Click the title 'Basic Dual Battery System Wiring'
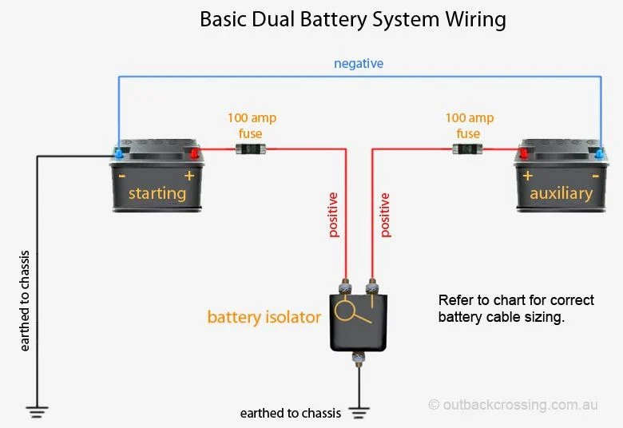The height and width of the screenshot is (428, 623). pos(352,19)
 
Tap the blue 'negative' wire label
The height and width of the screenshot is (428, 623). pos(359,63)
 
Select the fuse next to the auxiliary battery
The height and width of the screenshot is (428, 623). pos(467,149)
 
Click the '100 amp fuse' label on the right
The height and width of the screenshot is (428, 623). pos(469,125)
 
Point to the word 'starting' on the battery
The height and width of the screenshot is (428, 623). pos(157,193)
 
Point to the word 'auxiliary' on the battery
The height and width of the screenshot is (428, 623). pos(561,193)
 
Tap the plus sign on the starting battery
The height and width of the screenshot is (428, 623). pos(189,175)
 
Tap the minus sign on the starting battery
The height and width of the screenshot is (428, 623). pos(121,175)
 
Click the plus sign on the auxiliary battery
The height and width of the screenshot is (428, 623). pos(528,175)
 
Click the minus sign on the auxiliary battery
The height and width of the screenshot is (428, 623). pos(595,175)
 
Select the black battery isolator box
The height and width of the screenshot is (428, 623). pos(359,321)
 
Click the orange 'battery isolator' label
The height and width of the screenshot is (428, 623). pos(264,317)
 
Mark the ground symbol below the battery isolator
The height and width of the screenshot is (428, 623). pos(359,413)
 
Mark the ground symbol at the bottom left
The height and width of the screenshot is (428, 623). pos(37,412)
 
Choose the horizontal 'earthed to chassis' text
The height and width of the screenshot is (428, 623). pos(290,414)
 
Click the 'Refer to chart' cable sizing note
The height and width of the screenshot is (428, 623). pos(516,308)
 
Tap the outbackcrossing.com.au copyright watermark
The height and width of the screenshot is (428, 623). pos(513,405)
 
